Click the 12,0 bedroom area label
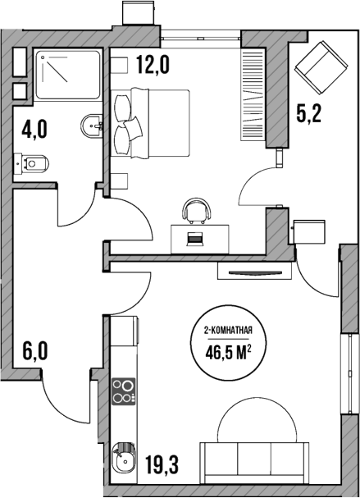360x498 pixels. tap(152, 65)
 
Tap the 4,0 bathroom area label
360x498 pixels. tap(35, 130)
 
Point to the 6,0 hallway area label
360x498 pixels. tap(34, 353)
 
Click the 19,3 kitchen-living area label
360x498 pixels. tap(162, 466)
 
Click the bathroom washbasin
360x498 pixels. tap(92, 126)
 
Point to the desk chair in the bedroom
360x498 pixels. tap(196, 211)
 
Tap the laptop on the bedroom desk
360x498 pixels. tap(195, 238)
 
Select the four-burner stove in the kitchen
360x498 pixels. tap(123, 391)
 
